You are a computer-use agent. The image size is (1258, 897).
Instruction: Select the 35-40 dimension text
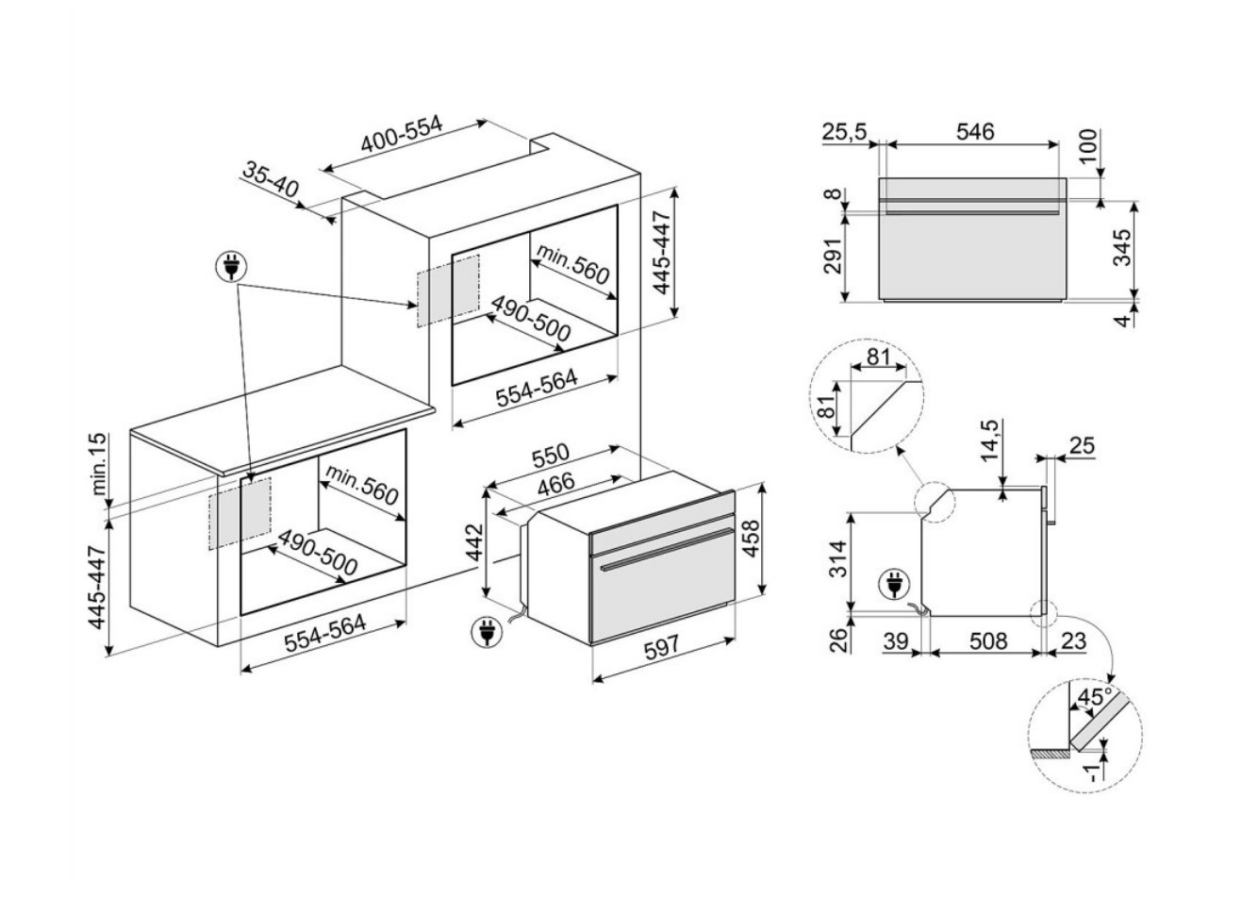pyautogui.click(x=271, y=180)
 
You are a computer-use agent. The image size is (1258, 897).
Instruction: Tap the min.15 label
pyautogui.click(x=102, y=466)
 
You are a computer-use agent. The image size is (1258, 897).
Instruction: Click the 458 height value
pyautogui.click(x=752, y=539)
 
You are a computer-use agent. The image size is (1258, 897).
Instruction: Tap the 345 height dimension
pyautogui.click(x=1121, y=249)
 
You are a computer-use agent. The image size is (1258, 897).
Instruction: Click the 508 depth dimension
pyautogui.click(x=988, y=641)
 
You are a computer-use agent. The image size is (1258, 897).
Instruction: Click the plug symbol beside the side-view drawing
pyautogui.click(x=891, y=585)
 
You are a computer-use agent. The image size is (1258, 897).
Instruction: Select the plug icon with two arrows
pyautogui.click(x=229, y=268)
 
